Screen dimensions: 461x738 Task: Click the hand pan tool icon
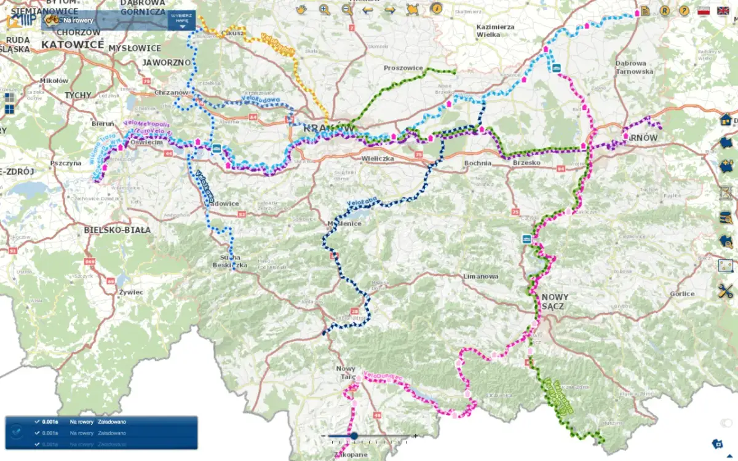pos(301,9)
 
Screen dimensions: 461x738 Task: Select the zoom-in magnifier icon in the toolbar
pos(324,9)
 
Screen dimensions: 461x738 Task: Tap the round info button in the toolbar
pos(436,9)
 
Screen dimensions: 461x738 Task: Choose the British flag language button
pos(723,10)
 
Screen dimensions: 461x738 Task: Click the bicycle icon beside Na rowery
pos(52,20)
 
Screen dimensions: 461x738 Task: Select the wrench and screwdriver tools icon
pos(726,291)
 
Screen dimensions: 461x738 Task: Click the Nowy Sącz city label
pos(556,301)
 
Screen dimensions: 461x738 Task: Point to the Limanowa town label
pos(480,277)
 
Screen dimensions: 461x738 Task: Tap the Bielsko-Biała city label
pos(117,230)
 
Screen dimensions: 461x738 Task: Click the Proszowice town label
pos(403,68)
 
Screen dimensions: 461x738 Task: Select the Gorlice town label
pos(683,294)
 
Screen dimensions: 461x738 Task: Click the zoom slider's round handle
pos(354,436)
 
